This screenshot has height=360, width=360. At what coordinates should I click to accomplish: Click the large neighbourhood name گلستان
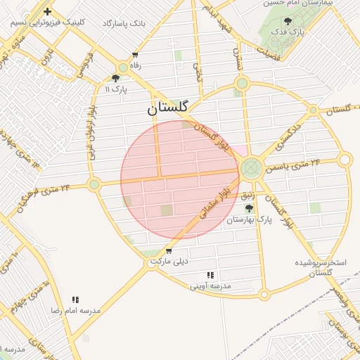[168, 108]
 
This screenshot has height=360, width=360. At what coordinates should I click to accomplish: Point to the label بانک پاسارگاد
[124, 23]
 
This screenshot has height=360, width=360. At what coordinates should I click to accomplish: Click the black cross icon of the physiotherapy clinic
[47, 11]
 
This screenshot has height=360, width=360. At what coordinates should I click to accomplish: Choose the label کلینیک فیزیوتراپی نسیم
[48, 22]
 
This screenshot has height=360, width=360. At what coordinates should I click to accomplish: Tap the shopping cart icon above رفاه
[135, 55]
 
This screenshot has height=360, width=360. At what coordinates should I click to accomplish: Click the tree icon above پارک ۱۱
[115, 78]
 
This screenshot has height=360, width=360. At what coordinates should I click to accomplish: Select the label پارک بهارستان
[248, 220]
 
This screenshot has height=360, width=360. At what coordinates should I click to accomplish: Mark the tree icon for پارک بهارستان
[248, 209]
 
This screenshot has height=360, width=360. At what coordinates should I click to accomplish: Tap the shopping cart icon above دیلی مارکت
[169, 251]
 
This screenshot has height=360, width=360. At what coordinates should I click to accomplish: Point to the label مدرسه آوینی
[211, 286]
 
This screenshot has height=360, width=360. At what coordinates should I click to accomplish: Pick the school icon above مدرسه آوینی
[210, 275]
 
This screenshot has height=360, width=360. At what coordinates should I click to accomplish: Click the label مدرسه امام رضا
[75, 310]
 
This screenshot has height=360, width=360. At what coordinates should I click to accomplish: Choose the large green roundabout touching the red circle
[251, 168]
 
